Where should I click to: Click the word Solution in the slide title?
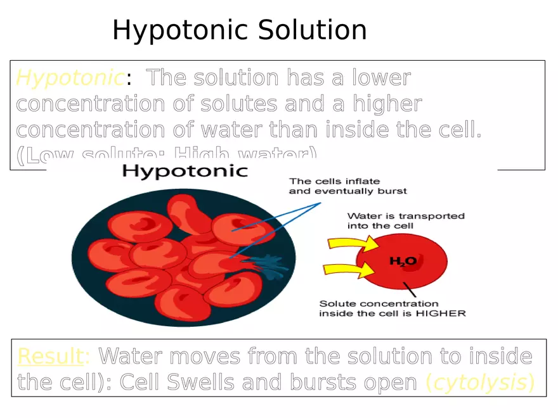312,30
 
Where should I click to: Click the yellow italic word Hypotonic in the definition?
69,79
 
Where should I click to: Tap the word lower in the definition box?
381,78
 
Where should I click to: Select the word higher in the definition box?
387,104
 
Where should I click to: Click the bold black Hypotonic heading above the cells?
185,171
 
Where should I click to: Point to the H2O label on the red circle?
402,260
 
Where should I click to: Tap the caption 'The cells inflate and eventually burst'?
347,186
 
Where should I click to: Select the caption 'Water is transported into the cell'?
406,220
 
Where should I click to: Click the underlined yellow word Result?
49,357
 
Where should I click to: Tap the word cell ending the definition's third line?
460,130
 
